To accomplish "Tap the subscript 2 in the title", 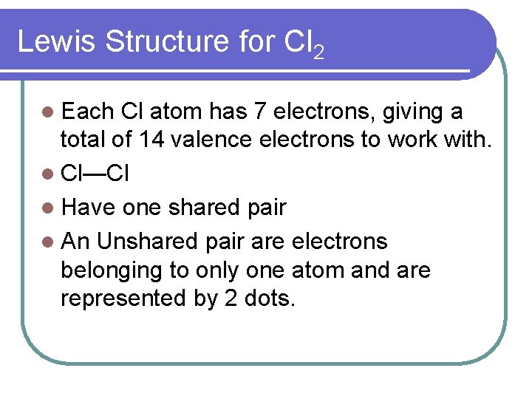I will tap(318, 52).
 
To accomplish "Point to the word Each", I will tap(86, 112).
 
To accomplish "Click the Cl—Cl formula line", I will tap(96, 174).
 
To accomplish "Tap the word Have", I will tap(89, 208).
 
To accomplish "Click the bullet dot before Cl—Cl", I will tap(49, 174).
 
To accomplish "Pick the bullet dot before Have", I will tap(49, 208).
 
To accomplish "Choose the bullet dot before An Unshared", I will tap(49, 242).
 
